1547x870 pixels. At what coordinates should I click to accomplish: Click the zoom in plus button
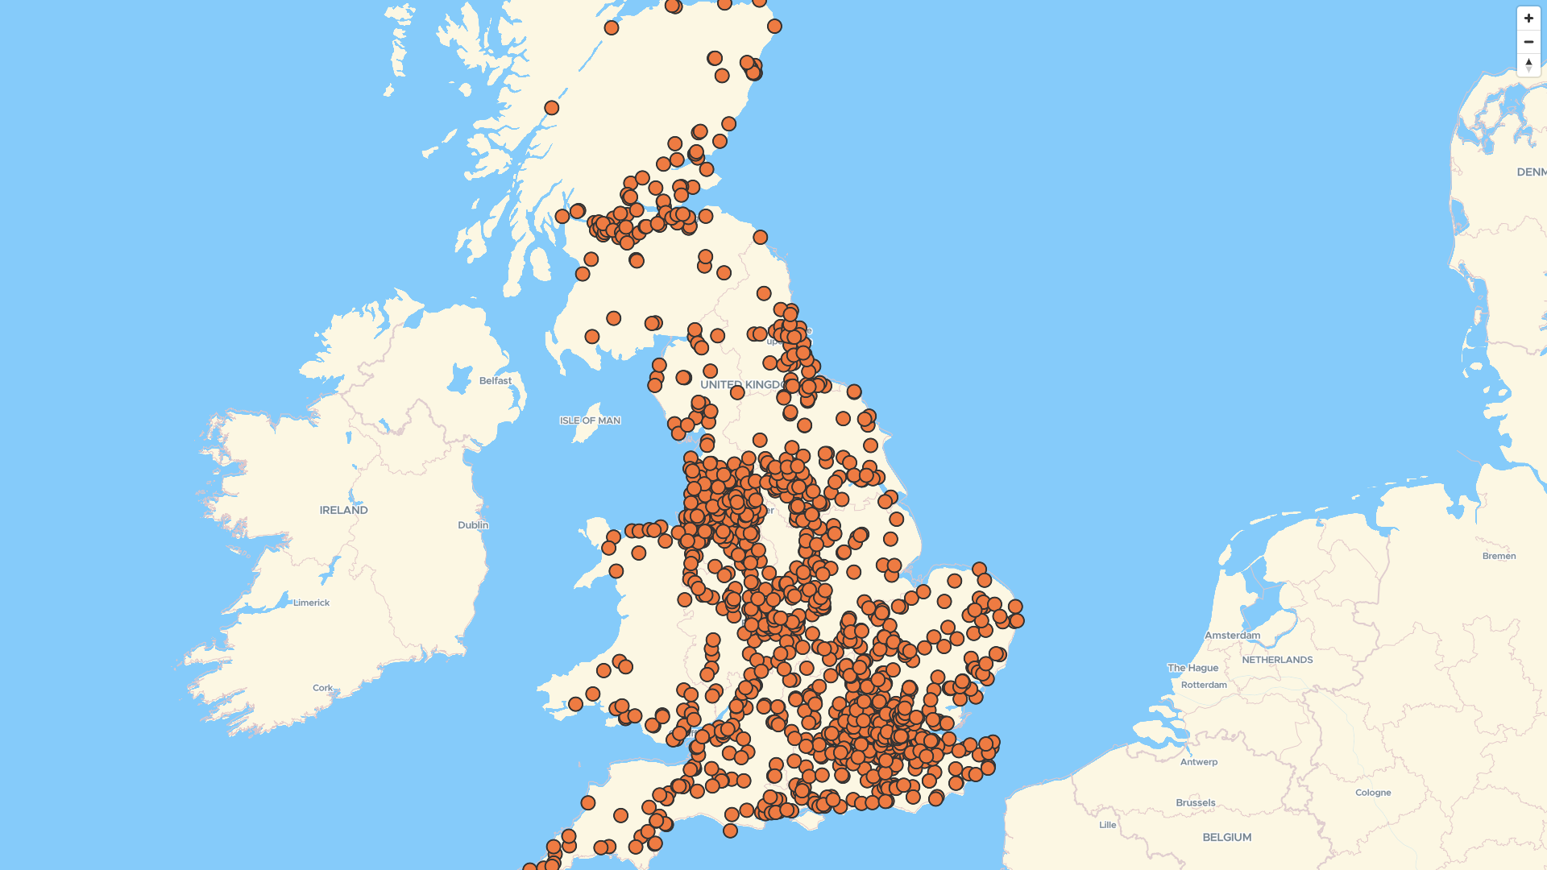click(1528, 19)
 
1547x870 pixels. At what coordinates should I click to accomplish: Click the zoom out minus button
click(1528, 42)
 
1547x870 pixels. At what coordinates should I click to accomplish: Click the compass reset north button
click(1528, 64)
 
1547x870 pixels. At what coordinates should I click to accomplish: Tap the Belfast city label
click(495, 381)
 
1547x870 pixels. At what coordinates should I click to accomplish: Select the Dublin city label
click(473, 525)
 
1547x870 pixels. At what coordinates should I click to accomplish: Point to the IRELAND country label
click(343, 510)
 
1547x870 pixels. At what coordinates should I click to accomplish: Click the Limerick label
click(311, 603)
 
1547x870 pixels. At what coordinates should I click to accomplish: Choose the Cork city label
click(322, 688)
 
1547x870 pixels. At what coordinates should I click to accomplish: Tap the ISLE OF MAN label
click(590, 420)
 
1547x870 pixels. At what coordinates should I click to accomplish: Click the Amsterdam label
click(1232, 636)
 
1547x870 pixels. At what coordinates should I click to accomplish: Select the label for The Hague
click(1192, 668)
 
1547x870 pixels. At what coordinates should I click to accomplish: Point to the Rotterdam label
click(1204, 686)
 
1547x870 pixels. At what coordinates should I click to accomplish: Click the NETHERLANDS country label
click(1277, 660)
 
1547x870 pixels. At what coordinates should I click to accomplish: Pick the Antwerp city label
click(1199, 762)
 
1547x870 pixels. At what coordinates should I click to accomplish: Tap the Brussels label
click(1195, 803)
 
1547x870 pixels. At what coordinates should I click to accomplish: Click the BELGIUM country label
click(1226, 838)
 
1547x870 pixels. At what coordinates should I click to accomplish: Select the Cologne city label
click(1373, 793)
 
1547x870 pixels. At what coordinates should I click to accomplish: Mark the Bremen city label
click(1499, 556)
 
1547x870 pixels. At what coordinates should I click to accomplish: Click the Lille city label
click(1108, 825)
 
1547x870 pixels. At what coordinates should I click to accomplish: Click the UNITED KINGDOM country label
click(740, 385)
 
